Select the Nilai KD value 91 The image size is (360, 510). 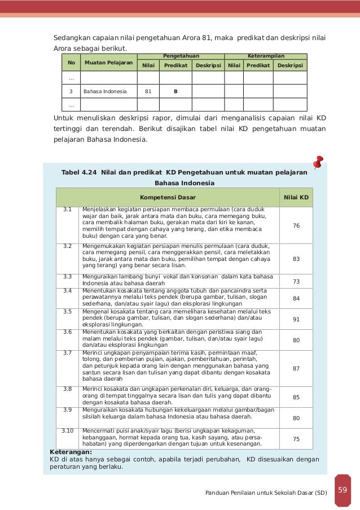click(296, 319)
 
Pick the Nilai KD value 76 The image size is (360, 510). click(296, 225)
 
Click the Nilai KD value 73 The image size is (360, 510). click(296, 281)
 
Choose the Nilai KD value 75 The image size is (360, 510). click(296, 438)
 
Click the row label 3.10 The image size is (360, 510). click(68, 431)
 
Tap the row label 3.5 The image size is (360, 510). click(68, 311)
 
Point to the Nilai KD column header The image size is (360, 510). click(296, 198)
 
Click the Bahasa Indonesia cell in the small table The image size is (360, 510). click(105, 90)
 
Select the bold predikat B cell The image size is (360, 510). click(175, 90)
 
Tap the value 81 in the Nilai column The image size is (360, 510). click(148, 90)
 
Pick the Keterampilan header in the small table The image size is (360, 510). click(266, 56)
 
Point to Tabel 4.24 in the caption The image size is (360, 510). click(79, 172)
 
